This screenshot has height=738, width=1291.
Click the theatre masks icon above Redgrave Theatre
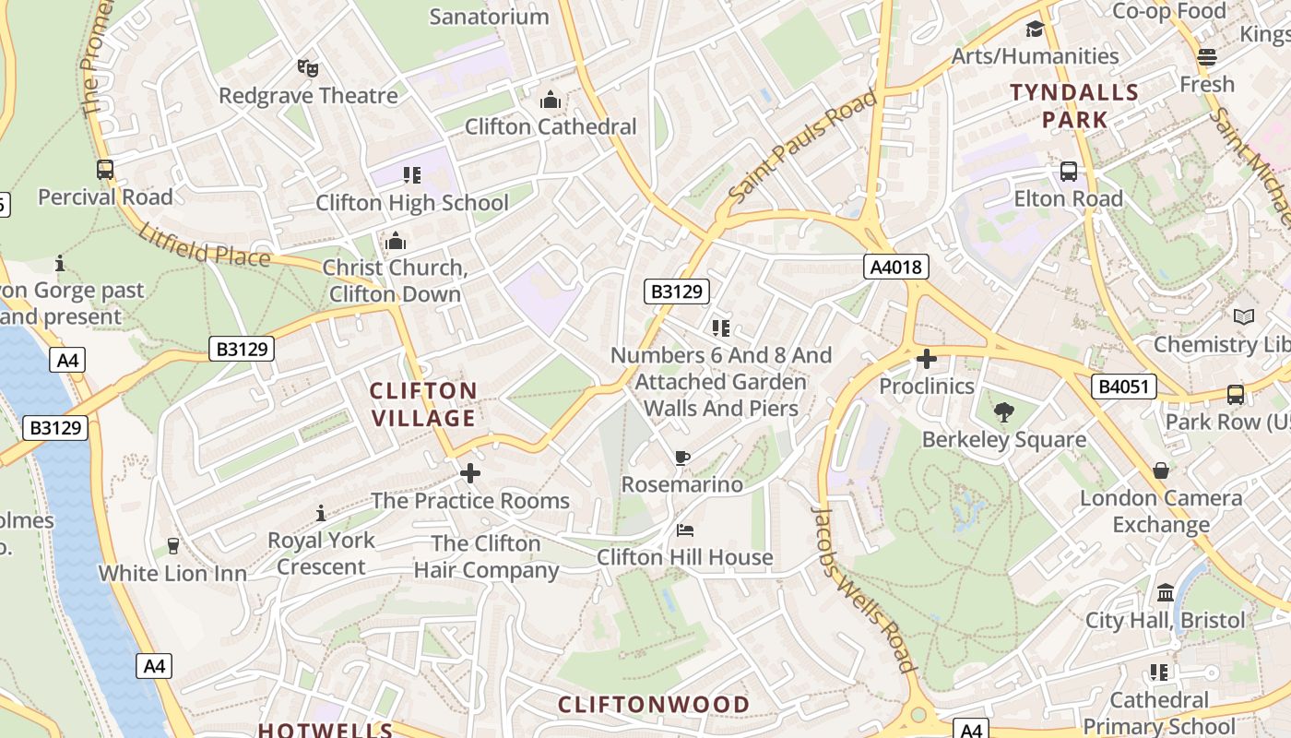tap(307, 67)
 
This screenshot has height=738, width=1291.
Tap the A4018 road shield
tap(895, 268)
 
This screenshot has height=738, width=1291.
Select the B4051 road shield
tap(1124, 386)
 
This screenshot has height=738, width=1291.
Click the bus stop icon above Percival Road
tap(105, 170)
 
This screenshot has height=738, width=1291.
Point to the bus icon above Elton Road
tap(1068, 172)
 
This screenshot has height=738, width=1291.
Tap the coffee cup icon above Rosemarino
tap(681, 458)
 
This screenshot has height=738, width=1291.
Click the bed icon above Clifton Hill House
tap(684, 530)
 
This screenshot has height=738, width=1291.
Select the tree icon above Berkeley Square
tap(1004, 412)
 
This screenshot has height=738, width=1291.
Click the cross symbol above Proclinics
tap(927, 359)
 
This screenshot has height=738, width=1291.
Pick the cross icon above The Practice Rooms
tap(470, 474)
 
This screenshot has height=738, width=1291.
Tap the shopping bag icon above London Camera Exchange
tap(1160, 471)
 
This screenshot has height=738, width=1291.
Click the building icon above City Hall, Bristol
tap(1165, 592)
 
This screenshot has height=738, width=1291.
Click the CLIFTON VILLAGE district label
tap(423, 404)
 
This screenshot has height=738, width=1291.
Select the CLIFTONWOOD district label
tap(654, 705)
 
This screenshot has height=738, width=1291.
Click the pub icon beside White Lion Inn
tap(172, 546)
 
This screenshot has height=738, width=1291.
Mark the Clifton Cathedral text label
tap(551, 126)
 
